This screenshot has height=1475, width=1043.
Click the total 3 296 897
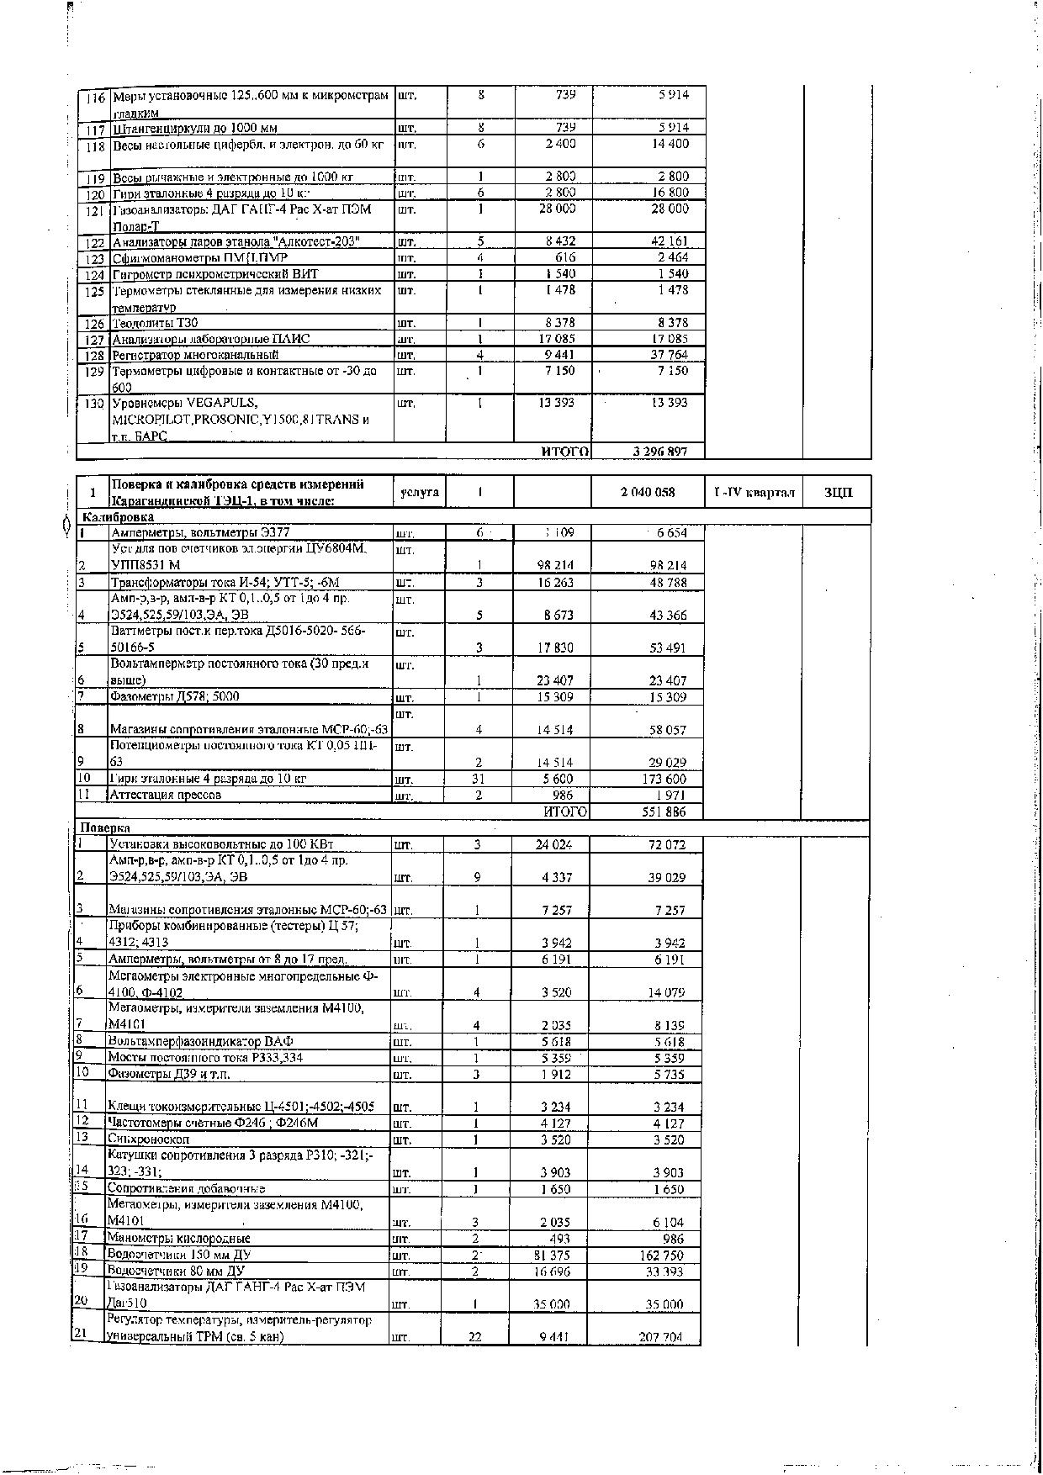tap(659, 452)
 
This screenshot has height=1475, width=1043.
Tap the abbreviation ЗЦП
tap(838, 492)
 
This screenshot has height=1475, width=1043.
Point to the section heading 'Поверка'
tap(99, 827)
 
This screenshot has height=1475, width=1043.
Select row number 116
tap(95, 98)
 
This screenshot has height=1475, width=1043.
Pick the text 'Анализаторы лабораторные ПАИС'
tap(211, 339)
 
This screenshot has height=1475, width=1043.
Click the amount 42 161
tap(670, 242)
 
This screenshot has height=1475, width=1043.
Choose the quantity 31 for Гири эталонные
tap(478, 779)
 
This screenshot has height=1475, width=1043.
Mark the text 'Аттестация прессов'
tap(166, 795)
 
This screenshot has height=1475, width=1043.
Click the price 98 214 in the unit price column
tap(555, 565)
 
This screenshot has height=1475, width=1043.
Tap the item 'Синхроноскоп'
tap(148, 1139)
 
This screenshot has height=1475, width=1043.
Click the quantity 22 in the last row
tap(474, 1337)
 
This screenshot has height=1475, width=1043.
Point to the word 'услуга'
tap(419, 492)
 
